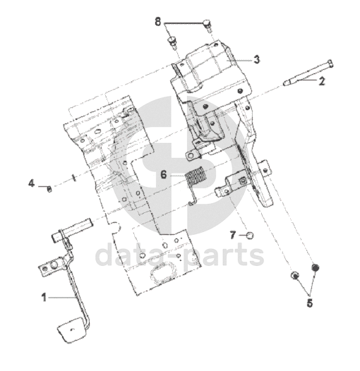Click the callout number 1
(x=44, y=297)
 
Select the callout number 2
(x=321, y=81)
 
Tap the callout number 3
(x=257, y=59)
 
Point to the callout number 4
(x=32, y=183)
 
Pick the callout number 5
(x=310, y=303)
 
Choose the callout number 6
(x=164, y=175)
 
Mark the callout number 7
(x=233, y=235)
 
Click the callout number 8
(x=157, y=22)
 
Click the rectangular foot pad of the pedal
(x=72, y=329)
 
